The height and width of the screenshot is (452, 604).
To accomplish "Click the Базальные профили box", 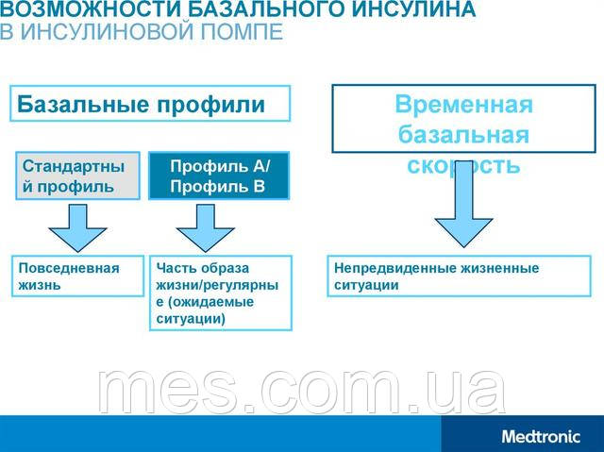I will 150,103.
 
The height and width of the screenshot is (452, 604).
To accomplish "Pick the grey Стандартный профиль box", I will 75,176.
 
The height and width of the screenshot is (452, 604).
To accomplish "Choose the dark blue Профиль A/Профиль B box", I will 219,176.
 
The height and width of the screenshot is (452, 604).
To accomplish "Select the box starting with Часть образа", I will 221,293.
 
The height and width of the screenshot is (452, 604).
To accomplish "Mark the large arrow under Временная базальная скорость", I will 463,213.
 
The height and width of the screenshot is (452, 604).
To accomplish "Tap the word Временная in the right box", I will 463,104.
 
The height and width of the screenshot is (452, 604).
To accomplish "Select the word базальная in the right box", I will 463,134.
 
